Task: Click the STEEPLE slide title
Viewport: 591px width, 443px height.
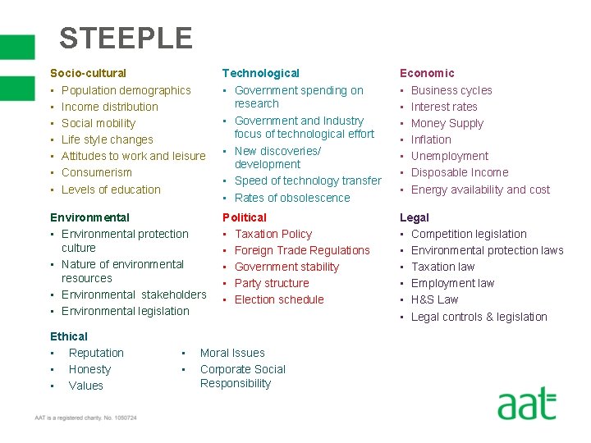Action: pos(126,38)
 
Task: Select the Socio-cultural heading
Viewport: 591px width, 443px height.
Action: pos(88,73)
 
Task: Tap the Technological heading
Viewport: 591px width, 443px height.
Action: pos(261,73)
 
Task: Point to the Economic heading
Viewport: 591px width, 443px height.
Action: pos(427,73)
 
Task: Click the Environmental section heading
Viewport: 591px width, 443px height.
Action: pos(89,217)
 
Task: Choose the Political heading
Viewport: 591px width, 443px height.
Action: pos(245,217)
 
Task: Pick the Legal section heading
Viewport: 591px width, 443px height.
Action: pos(415,217)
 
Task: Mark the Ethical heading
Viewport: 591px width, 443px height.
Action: pos(69,336)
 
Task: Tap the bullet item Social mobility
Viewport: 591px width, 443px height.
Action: pos(98,123)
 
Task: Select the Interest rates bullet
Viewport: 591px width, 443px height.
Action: pos(444,107)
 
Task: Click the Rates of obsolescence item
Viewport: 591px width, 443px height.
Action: pos(292,198)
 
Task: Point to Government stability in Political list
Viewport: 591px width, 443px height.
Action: pos(286,267)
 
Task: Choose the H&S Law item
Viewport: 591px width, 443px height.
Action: pos(434,299)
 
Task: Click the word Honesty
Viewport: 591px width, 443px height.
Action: pos(89,369)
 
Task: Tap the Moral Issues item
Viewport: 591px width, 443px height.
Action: pos(232,353)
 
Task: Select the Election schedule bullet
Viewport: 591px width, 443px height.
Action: pos(279,299)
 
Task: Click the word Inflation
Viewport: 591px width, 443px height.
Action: pos(431,139)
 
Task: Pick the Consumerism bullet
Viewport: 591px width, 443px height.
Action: pos(97,172)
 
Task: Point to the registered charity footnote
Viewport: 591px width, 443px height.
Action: pos(85,418)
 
